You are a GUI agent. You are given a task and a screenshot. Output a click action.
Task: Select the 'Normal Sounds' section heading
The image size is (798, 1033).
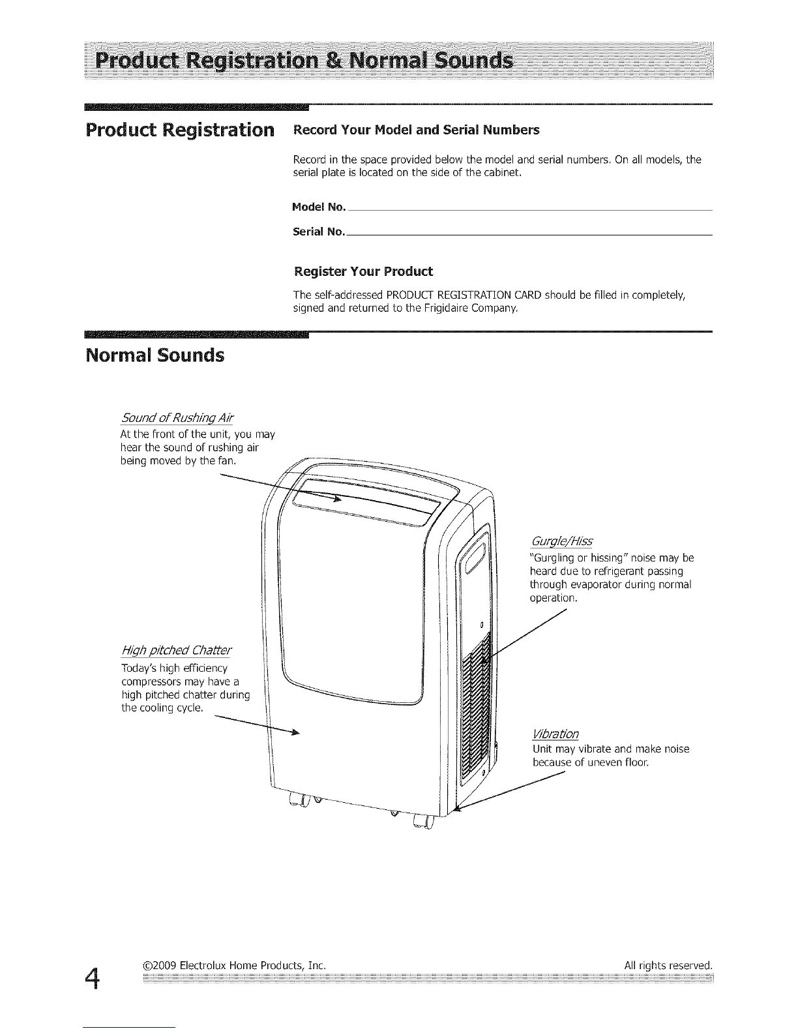tap(155, 356)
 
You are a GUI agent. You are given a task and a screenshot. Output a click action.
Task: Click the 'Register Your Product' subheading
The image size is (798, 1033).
tap(363, 271)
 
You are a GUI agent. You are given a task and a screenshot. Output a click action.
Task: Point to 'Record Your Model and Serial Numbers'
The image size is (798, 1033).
tap(417, 130)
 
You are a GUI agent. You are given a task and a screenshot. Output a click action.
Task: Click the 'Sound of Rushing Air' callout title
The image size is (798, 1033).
tap(177, 417)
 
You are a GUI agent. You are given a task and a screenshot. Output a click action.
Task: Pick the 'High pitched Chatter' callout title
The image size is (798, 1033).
tap(176, 651)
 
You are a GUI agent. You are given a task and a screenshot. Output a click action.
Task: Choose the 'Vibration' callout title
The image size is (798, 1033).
tap(555, 734)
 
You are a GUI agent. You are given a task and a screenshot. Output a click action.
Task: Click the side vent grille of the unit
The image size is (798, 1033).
tap(476, 711)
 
